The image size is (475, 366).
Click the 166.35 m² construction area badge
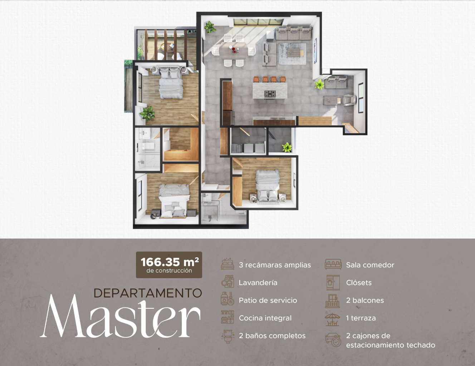point(169,265)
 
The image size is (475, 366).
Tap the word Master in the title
point(120,316)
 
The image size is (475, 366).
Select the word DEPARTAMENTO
point(148,293)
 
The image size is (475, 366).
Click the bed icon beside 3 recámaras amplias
point(227,264)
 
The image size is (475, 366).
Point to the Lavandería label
point(258,283)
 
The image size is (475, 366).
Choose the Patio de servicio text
point(268,300)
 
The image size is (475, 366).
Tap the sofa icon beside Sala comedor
point(333,264)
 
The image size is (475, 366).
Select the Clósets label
point(359,283)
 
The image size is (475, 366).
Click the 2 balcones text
point(365,300)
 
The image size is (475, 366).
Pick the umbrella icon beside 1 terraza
point(333,318)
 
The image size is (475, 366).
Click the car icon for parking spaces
point(333,340)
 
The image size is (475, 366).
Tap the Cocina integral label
point(265,318)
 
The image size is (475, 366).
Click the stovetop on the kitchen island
point(270,94)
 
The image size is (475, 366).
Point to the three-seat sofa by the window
point(293,33)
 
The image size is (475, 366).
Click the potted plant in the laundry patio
point(287,147)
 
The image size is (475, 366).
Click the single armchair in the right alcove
point(350,100)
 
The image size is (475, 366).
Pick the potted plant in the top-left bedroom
point(148,113)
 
